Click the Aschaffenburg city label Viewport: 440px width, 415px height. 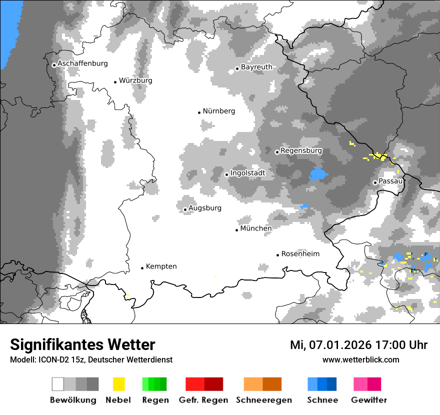click(x=82, y=63)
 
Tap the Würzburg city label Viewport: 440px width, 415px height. click(x=135, y=80)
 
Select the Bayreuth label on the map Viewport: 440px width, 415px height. click(x=256, y=67)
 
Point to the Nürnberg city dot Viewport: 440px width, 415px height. click(x=199, y=112)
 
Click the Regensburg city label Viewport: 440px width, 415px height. click(x=301, y=150)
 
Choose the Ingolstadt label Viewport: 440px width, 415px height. click(x=247, y=173)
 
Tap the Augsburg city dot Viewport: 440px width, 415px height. click(x=185, y=210)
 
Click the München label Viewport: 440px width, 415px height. click(x=256, y=228)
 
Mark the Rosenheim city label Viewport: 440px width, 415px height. click(x=300, y=254)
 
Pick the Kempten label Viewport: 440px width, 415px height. click(x=161, y=266)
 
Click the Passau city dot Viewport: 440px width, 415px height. click(x=375, y=182)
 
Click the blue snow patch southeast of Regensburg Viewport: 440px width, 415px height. click(x=318, y=174)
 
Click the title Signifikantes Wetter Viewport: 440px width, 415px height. click(x=82, y=345)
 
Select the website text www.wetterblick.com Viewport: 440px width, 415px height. click(x=360, y=360)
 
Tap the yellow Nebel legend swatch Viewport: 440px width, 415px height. click(x=118, y=384)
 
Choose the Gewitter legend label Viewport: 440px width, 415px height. click(x=368, y=400)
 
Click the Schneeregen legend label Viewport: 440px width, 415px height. click(x=263, y=400)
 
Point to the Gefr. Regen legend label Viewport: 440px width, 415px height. click(x=203, y=400)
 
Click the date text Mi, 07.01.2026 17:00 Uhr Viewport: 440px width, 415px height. click(x=358, y=345)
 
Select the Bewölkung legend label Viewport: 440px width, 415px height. click(x=73, y=400)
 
